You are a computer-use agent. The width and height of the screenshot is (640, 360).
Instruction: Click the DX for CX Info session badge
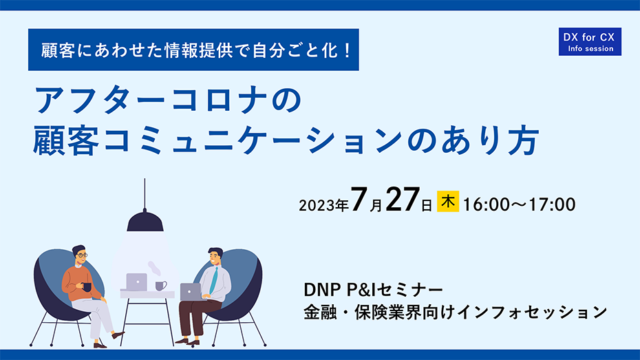click(x=590, y=41)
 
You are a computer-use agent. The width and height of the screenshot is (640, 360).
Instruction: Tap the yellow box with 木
click(x=448, y=202)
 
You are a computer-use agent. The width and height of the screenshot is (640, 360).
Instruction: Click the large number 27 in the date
click(x=402, y=200)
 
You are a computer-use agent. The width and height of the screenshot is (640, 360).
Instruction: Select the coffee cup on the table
click(x=161, y=285)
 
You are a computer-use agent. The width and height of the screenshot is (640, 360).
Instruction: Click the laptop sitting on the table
click(x=136, y=282)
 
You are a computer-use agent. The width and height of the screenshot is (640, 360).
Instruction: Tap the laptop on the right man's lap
click(x=191, y=293)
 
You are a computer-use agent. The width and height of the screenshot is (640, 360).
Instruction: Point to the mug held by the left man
click(x=87, y=287)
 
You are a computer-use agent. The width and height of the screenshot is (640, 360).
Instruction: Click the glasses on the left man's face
click(x=82, y=255)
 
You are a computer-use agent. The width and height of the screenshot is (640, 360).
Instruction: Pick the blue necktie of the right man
click(x=213, y=280)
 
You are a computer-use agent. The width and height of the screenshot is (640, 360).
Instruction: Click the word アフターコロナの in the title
click(x=168, y=100)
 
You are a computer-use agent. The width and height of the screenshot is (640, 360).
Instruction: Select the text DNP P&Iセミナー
click(x=373, y=290)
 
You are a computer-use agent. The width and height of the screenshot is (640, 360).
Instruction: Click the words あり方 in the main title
click(x=491, y=141)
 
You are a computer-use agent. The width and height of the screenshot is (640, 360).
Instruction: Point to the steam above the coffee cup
click(x=154, y=268)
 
